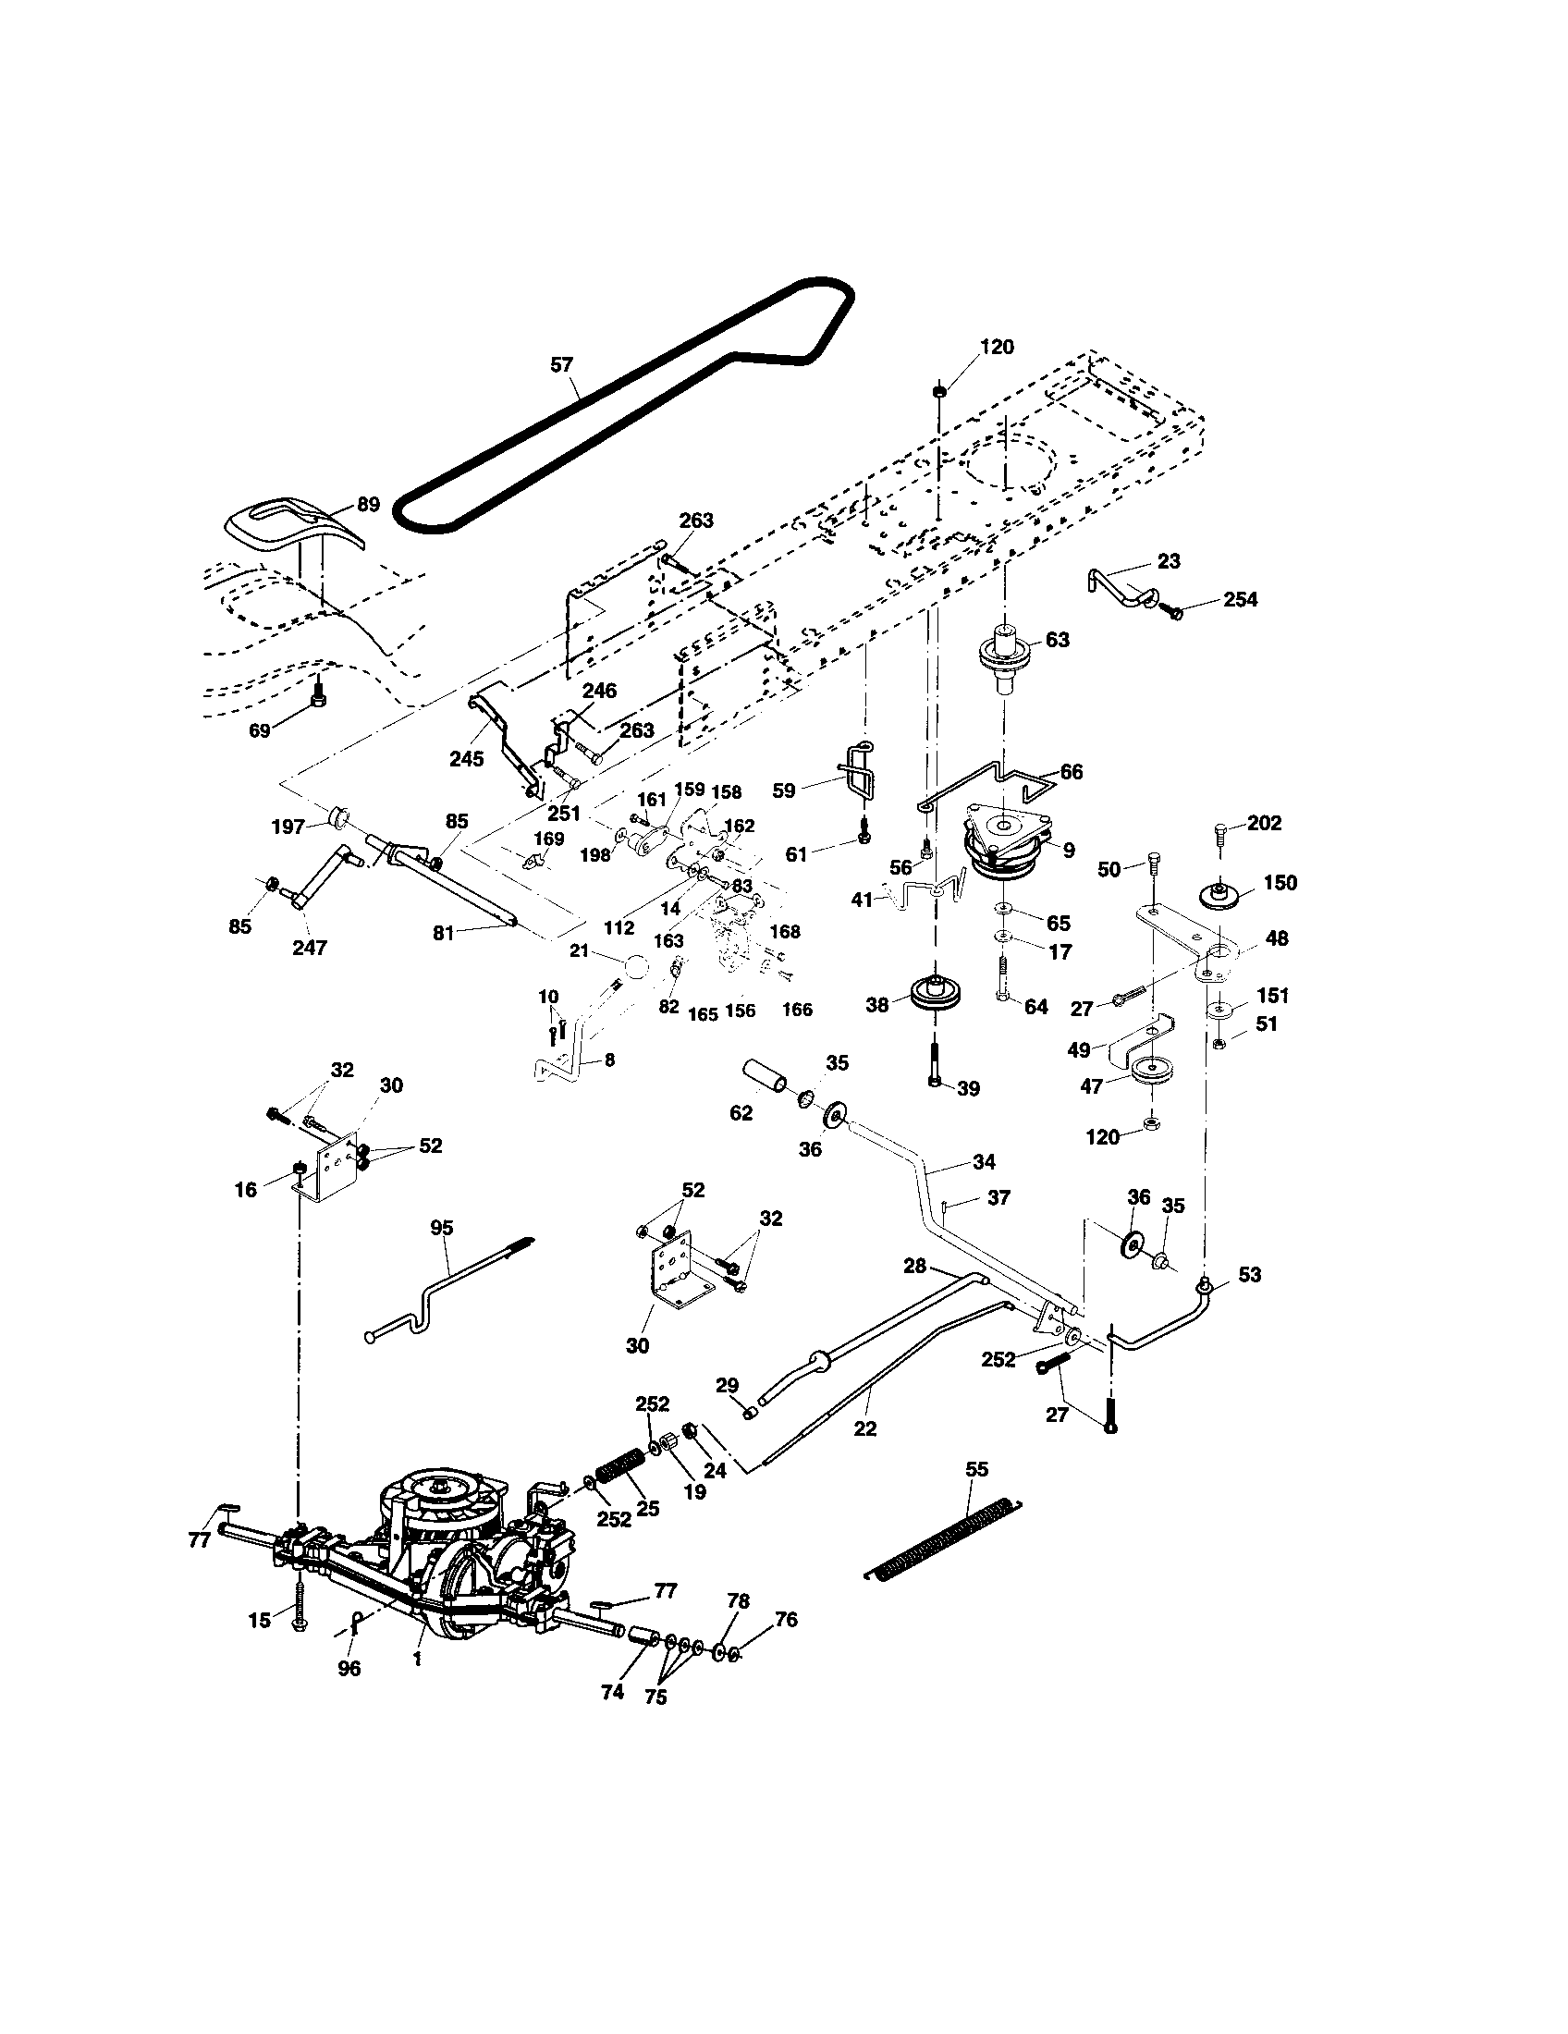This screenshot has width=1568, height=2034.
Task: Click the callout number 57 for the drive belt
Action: pos(561,365)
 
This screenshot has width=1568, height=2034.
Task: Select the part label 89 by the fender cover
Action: pos(369,505)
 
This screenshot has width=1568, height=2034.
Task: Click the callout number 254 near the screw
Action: pos(1240,600)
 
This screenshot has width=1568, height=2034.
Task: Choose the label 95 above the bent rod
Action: pos(442,1228)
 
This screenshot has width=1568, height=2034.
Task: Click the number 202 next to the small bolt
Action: pos(1265,823)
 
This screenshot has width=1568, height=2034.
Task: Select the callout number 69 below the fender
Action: pos(259,731)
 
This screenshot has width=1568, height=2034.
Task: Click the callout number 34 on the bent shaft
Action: pos(984,1161)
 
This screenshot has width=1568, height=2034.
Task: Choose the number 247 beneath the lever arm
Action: pos(309,947)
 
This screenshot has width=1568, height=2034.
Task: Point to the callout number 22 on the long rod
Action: pos(865,1427)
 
